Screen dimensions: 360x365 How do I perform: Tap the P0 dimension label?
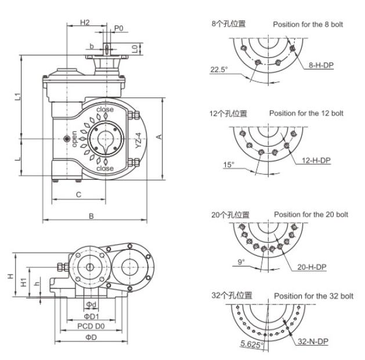coord(118,28)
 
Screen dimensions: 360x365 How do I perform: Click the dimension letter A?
coord(158,137)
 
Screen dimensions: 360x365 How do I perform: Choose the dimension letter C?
coord(78,195)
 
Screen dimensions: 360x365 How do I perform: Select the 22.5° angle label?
coord(219,70)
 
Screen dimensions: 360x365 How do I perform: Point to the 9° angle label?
coord(241,262)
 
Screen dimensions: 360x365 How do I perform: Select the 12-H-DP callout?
coord(316,161)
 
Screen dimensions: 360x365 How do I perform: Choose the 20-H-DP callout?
coord(312,267)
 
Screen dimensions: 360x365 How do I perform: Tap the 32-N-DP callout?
coord(314,342)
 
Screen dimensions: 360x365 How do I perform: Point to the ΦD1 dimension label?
coord(91,317)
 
